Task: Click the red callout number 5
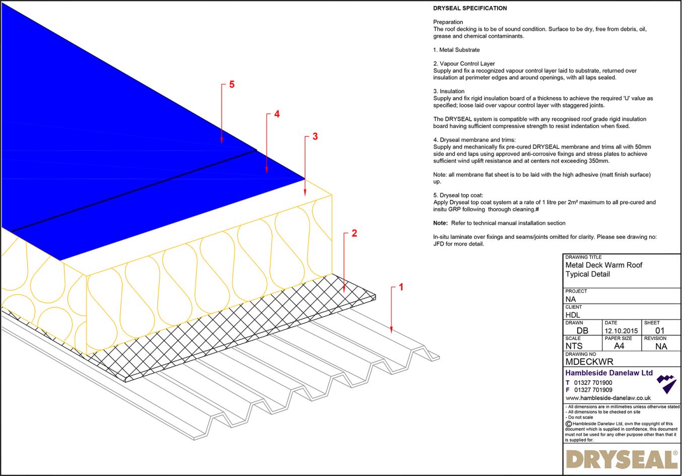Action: click(x=232, y=85)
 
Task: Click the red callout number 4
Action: click(x=277, y=114)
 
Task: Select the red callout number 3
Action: click(x=315, y=137)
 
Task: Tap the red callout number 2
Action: click(x=354, y=233)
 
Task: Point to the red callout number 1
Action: click(x=401, y=287)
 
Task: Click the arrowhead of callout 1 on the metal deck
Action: click(x=391, y=330)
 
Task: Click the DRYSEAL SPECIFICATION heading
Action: click(x=469, y=8)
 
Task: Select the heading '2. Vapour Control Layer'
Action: click(x=464, y=63)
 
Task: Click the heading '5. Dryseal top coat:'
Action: click(x=458, y=195)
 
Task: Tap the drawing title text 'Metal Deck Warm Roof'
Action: click(x=603, y=265)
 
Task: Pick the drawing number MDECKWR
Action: click(x=589, y=362)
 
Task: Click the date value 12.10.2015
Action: click(x=621, y=331)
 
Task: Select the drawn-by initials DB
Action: click(x=582, y=331)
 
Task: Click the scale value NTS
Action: click(x=574, y=346)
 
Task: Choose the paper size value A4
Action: click(x=619, y=346)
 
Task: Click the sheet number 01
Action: click(x=660, y=331)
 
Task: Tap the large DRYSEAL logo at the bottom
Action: click(x=622, y=459)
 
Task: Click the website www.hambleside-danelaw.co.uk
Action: click(x=607, y=398)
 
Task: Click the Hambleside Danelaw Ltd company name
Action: click(x=608, y=373)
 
